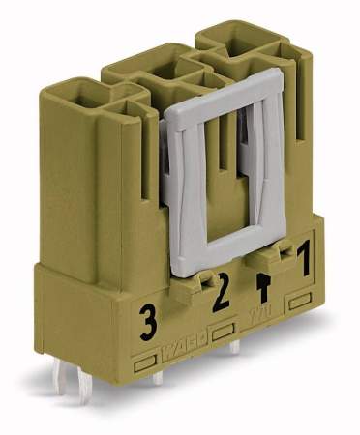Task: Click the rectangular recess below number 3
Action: point(148,365)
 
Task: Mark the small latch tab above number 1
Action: point(283,252)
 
